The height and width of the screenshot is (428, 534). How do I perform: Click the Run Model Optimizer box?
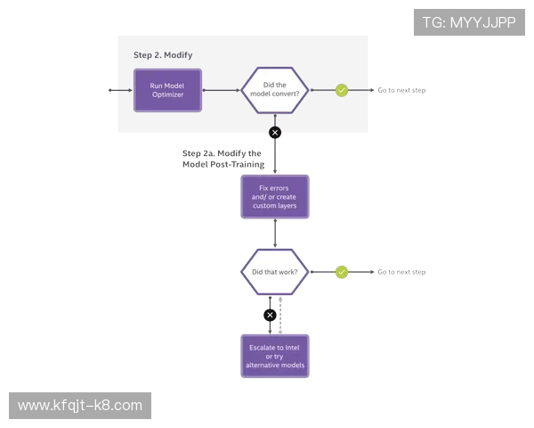click(167, 90)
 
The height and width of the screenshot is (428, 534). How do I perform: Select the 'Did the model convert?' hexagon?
click(276, 90)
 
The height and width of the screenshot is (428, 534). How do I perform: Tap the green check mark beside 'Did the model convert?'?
click(341, 90)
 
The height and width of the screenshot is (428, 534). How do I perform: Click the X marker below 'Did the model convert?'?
click(274, 133)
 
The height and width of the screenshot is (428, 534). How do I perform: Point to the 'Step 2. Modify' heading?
click(162, 54)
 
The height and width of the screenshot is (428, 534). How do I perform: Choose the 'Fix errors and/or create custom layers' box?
click(275, 197)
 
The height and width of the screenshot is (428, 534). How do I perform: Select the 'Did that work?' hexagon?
click(276, 272)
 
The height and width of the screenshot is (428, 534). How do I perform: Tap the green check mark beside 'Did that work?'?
click(341, 272)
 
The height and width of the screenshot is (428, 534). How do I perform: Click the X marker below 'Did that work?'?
click(271, 315)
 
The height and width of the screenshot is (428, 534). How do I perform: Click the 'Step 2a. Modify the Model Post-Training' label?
click(221, 159)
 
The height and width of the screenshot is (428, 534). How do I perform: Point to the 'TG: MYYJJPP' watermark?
click(469, 22)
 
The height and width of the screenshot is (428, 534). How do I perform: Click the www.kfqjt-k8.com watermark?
click(81, 406)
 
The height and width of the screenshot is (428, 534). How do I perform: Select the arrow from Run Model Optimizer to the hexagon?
click(222, 90)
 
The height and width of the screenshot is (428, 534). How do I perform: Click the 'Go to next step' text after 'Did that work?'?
click(397, 272)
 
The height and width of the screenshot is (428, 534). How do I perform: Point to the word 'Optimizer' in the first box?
click(167, 95)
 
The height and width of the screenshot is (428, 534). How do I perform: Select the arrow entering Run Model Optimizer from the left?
click(121, 90)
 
